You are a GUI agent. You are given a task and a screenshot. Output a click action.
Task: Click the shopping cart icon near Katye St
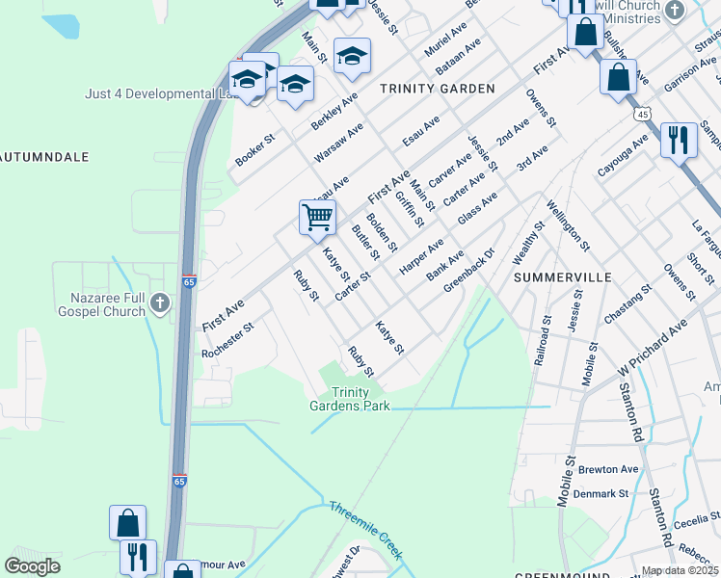pyautogui.click(x=317, y=217)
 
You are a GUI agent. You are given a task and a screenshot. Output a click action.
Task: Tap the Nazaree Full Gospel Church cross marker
pyautogui.click(x=160, y=305)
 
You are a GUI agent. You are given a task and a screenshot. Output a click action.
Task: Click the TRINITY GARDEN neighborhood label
pyautogui.click(x=437, y=89)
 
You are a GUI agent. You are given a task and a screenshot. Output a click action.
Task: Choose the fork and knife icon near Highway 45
pyautogui.click(x=679, y=141)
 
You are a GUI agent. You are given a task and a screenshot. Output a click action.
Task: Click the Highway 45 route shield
pyautogui.click(x=642, y=114)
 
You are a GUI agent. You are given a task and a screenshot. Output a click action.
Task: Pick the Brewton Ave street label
pyautogui.click(x=608, y=470)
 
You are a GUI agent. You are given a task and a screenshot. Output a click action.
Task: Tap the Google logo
pyautogui.click(x=33, y=565)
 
